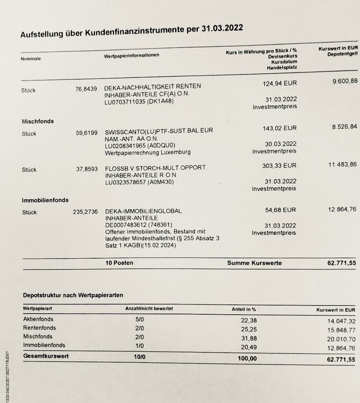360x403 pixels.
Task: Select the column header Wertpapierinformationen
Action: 131,56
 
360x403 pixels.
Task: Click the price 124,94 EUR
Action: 279,84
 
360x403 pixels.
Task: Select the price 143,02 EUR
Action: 279,129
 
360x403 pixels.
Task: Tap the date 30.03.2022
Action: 280,144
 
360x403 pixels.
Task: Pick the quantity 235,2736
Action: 84,212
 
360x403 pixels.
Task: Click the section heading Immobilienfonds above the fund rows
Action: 45,200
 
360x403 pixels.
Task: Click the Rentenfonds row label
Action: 40,327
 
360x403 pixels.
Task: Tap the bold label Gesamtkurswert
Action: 46,356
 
